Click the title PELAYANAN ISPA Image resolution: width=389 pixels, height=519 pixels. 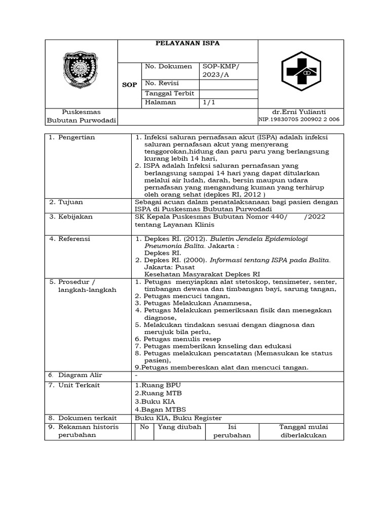tap(187, 44)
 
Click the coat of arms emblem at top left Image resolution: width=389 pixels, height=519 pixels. tap(81, 69)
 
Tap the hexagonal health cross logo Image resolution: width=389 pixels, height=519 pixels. tap(301, 73)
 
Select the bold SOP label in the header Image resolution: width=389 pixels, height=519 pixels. tap(129, 85)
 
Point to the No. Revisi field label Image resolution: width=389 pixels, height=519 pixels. tap(162, 83)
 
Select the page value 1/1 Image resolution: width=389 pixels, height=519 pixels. tap(209, 102)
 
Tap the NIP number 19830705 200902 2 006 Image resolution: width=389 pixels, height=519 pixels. tap(300, 120)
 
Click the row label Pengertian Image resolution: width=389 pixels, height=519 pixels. tap(76, 137)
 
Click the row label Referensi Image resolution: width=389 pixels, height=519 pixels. tap(74, 239)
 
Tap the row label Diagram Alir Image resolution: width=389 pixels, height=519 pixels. tap(80, 375)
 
